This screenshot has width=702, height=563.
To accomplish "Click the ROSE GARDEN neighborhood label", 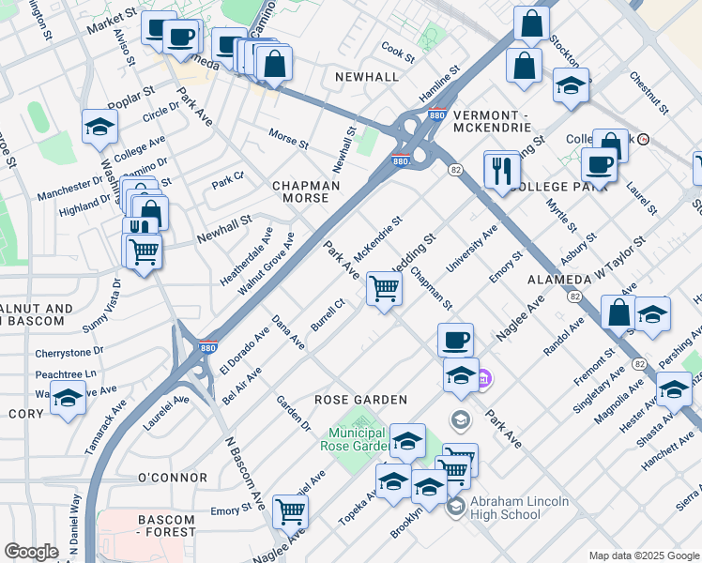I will [360, 400].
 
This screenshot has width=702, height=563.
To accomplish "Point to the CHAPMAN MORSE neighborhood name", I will [306, 191].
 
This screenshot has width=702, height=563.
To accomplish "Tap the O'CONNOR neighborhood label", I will [172, 478].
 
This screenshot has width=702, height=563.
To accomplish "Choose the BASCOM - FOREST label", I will [167, 525].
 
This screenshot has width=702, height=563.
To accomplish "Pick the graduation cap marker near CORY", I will [68, 399].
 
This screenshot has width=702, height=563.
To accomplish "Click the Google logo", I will [32, 552].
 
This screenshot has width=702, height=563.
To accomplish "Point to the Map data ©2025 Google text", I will [642, 555].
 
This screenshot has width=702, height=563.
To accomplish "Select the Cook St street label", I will [398, 55].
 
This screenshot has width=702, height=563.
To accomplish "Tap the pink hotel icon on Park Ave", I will [483, 380].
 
